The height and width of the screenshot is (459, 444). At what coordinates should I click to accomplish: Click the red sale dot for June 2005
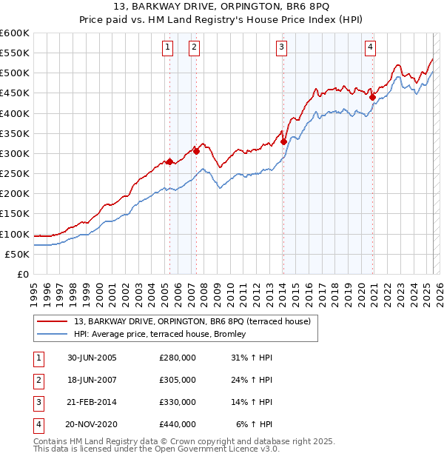coord(169,161)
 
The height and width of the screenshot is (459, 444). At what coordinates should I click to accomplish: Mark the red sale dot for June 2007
coord(196,151)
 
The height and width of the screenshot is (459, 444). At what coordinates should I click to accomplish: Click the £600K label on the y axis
coord(15,33)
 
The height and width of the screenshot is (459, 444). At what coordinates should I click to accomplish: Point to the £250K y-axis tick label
coord(15,174)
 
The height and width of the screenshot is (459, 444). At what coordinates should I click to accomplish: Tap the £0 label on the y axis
coord(21,275)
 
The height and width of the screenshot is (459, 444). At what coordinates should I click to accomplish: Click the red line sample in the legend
coord(50,321)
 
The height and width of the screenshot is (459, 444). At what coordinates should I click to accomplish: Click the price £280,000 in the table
coord(177,358)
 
